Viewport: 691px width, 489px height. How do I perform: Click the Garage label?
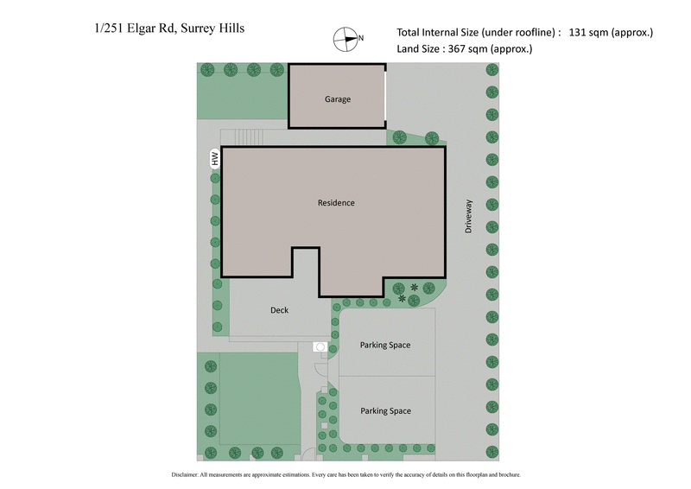click(x=338, y=99)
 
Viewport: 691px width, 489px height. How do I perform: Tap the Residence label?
click(x=336, y=203)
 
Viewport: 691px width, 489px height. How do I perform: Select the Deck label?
click(x=279, y=310)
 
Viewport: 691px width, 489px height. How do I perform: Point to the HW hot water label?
click(x=215, y=158)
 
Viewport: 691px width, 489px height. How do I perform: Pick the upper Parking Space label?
click(x=385, y=346)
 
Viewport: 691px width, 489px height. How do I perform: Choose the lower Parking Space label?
click(x=385, y=411)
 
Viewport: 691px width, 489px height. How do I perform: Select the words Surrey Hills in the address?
click(x=212, y=28)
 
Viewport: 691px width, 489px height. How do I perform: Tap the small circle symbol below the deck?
click(x=320, y=346)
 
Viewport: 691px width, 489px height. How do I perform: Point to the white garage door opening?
click(x=386, y=95)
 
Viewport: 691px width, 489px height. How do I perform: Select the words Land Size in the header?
click(x=417, y=49)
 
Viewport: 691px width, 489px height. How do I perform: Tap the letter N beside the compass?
click(x=361, y=38)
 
